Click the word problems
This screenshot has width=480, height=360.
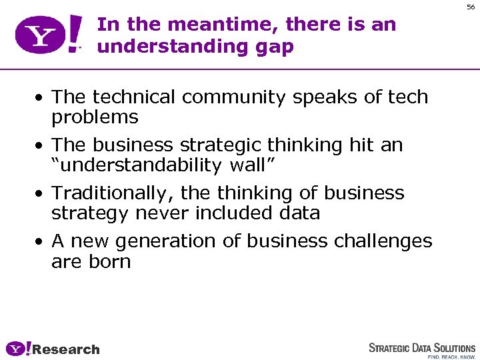pos(95,118)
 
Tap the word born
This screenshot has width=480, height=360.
pos(110,261)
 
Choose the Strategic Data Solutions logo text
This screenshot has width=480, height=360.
pos(422,348)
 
